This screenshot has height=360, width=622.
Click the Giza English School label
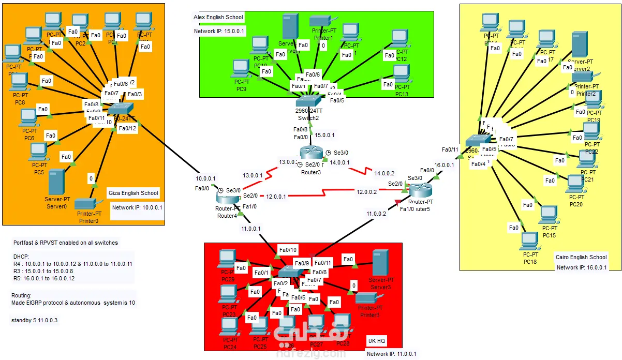pyautogui.click(x=133, y=193)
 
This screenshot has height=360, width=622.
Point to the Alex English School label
pyautogui.click(x=218, y=17)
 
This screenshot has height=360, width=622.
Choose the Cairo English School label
pyautogui.click(x=581, y=257)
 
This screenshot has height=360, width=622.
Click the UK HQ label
pyautogui.click(x=376, y=341)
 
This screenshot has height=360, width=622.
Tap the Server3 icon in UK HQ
pyautogui.click(x=381, y=262)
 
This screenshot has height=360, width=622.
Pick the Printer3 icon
pyautogui.click(x=368, y=298)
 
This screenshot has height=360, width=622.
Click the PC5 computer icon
pyautogui.click(x=38, y=152)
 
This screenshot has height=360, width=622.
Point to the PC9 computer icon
pyautogui.click(x=241, y=68)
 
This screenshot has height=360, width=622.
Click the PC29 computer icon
pyautogui.click(x=227, y=258)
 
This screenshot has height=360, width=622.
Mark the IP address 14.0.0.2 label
pyautogui.click(x=384, y=173)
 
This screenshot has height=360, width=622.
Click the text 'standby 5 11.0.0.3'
pyautogui.click(x=34, y=320)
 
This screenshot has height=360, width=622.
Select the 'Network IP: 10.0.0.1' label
pyautogui.click(x=137, y=207)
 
